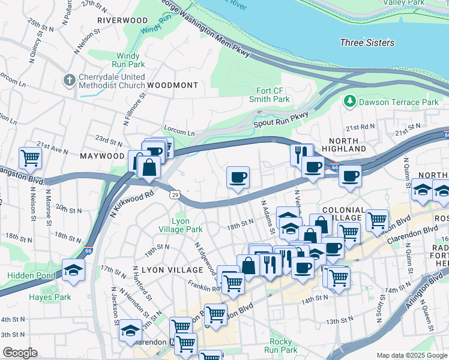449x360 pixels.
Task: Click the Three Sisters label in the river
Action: tap(367, 43)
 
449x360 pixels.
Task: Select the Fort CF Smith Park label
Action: tap(270, 95)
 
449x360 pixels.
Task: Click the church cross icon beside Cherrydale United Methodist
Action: tap(70, 80)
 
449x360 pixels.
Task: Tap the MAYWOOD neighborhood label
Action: tap(101, 156)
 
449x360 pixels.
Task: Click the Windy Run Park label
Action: tap(127, 60)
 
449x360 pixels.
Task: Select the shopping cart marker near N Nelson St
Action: tap(30, 158)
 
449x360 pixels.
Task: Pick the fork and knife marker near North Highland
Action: tap(301, 154)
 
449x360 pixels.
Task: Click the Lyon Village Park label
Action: tap(180, 225)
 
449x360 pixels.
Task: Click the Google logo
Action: tap(20, 353)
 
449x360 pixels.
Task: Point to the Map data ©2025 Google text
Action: tap(411, 355)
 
